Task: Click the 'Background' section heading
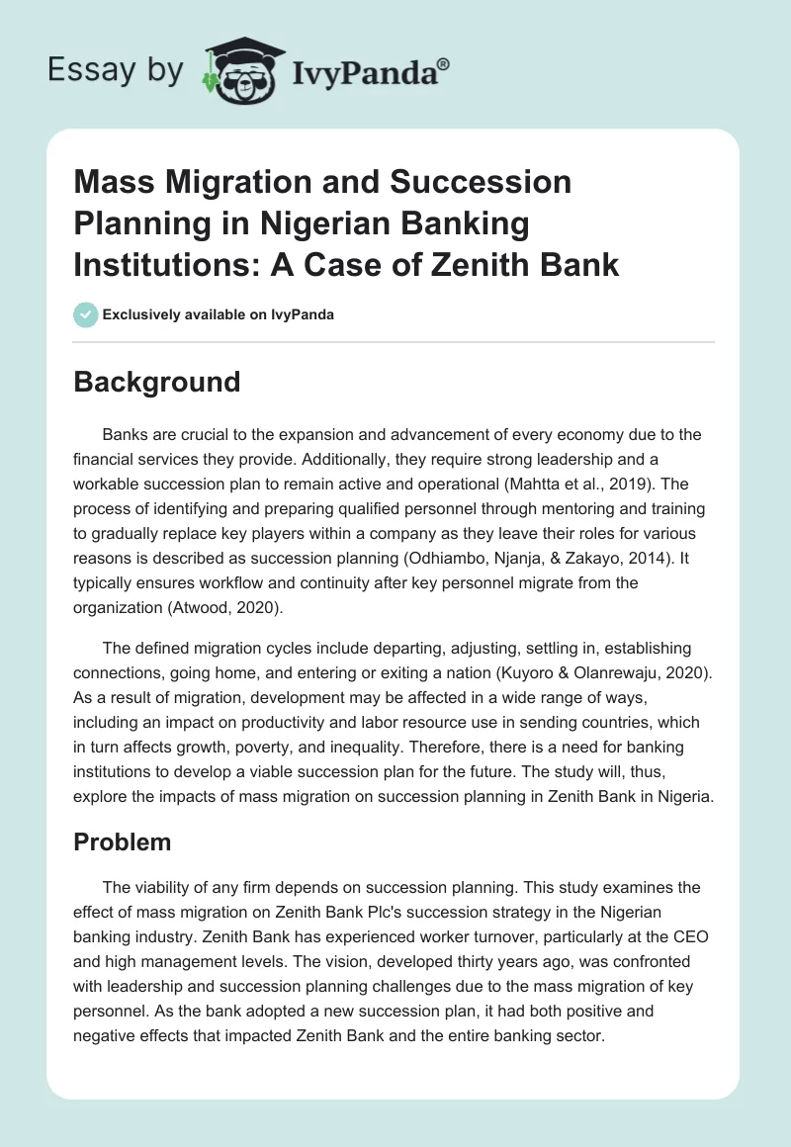[x=156, y=382]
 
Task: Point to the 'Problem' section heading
[x=123, y=841]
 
